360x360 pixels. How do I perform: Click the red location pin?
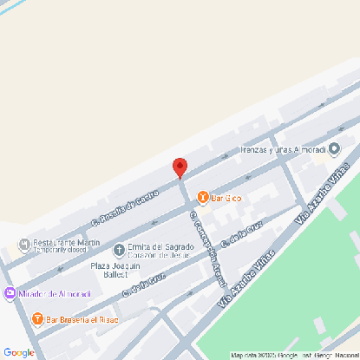point(180,167)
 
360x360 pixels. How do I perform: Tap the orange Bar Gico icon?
point(203,198)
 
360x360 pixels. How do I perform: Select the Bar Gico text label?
point(226,198)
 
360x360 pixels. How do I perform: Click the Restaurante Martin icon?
point(23,242)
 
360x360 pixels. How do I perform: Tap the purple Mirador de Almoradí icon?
point(10,294)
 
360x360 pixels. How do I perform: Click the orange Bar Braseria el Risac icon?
point(37,318)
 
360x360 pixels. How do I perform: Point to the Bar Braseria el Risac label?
point(83,318)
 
